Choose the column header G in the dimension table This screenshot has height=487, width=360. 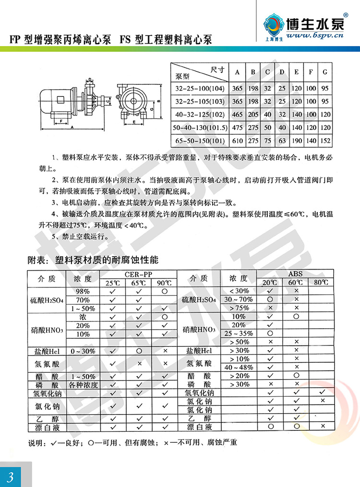(325, 72)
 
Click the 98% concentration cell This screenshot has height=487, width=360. (83, 291)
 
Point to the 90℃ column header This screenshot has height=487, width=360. (165, 283)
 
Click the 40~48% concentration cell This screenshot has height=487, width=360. (239, 368)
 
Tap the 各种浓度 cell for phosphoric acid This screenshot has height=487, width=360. (83, 385)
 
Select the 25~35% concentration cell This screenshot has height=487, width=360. (239, 333)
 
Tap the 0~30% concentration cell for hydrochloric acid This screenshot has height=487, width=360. (83, 351)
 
